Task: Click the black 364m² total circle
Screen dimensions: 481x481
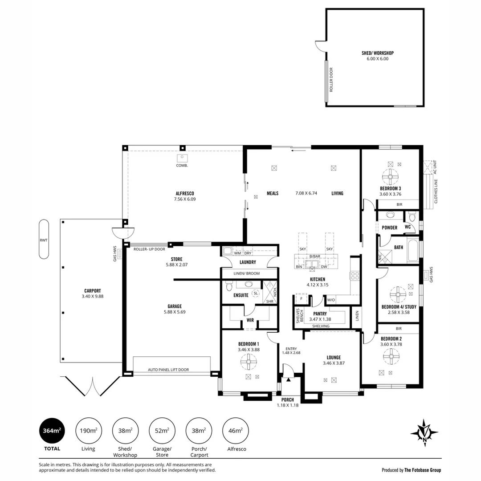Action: pos(52,431)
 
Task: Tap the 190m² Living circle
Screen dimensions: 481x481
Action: pos(88,431)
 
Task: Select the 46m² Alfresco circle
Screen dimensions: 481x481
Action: pos(235,431)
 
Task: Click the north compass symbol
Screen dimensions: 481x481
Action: pos(424,433)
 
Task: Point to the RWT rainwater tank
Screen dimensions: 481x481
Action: pos(44,239)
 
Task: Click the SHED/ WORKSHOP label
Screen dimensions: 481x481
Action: pos(378,53)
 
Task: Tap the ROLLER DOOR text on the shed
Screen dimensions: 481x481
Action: pos(331,80)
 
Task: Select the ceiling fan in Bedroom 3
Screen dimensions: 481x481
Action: pos(390,177)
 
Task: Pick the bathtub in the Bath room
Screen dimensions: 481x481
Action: pos(413,250)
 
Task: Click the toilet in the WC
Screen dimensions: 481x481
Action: pos(412,217)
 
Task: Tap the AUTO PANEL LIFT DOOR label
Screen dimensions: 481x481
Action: pos(168,370)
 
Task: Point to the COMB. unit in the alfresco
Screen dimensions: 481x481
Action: pos(182,158)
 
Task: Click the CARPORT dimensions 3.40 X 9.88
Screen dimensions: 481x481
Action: pos(92,296)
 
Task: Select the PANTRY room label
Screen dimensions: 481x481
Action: pos(320,314)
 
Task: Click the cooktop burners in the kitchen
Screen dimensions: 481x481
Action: pos(355,276)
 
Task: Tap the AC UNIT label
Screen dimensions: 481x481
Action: pos(435,167)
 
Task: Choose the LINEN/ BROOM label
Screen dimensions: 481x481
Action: pos(247,273)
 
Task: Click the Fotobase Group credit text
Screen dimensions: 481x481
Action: pos(412,470)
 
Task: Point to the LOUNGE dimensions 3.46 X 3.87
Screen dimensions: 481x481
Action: pos(334,363)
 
